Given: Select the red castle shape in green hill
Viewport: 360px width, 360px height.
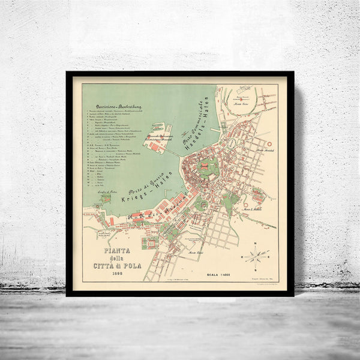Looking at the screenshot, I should [x=208, y=167].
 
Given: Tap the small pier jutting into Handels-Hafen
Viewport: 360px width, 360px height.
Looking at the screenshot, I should [x=214, y=129].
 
